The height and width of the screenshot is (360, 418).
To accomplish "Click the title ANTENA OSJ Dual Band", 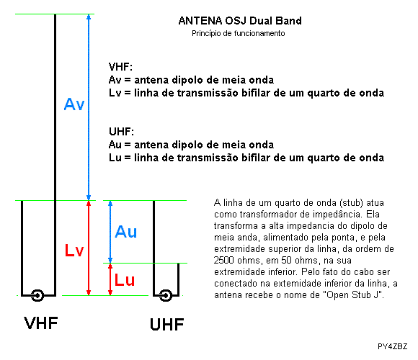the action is coord(240,21).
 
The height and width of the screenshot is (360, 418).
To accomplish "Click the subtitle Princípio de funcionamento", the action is coord(239,33).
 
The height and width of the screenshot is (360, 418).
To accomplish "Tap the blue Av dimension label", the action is coord(74,104).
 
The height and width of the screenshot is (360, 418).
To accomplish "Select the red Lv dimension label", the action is coord(74,251).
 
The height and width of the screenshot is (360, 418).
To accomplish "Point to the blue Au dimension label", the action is coord(126,232).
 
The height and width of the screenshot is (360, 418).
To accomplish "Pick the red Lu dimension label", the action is coord(125,280).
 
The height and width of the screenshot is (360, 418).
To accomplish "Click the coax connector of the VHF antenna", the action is coord(37,295).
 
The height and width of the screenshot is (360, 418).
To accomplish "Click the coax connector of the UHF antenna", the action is coord(166,295).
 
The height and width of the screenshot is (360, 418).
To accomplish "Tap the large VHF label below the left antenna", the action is coord(41,323).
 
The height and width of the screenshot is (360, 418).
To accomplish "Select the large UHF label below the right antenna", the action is coord(167,324).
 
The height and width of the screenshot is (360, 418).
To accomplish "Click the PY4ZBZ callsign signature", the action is coord(392,346).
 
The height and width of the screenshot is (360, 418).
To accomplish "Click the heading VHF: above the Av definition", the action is coord(120,66).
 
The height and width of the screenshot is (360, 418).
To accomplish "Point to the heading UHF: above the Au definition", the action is coord(121,132).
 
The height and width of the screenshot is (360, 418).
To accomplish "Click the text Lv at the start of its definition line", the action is coord(115,93).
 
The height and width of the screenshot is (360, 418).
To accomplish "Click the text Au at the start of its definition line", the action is coord(115,145).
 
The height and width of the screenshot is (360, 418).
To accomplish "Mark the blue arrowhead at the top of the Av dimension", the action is coord(89,17).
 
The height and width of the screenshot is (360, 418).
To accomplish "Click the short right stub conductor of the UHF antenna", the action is coord(178,279).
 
